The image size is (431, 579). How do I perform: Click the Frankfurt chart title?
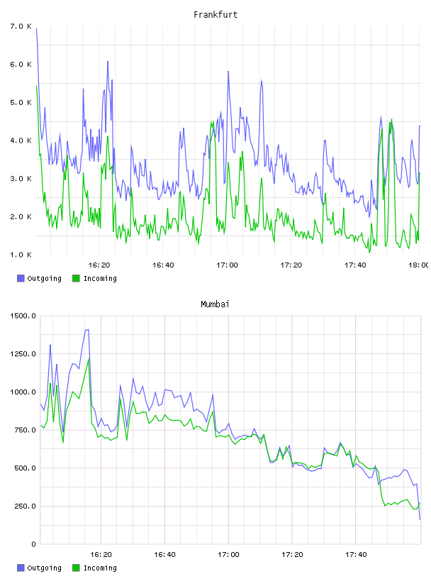click(x=216, y=15)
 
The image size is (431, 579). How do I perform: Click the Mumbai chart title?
click(x=215, y=304)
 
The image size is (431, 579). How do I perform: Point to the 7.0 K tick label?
click(x=21, y=26)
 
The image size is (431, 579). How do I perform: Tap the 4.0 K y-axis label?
click(x=21, y=140)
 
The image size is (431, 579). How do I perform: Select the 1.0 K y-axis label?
click(x=21, y=255)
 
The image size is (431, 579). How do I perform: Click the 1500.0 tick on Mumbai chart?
click(x=23, y=316)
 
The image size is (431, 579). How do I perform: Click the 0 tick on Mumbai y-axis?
click(x=33, y=544)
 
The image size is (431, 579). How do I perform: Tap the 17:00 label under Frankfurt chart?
click(x=227, y=265)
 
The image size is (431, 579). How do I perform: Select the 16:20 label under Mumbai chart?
click(x=101, y=555)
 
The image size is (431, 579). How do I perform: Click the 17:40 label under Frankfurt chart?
click(x=355, y=265)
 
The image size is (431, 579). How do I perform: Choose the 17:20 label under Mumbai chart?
click(x=292, y=555)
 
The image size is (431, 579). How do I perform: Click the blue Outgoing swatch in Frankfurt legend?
click(x=21, y=278)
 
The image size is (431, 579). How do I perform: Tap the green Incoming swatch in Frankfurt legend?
click(x=76, y=278)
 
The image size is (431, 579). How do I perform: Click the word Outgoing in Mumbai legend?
click(x=44, y=568)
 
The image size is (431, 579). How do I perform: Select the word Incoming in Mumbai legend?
click(x=100, y=568)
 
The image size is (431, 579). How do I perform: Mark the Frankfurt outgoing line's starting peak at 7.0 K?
click(x=37, y=28)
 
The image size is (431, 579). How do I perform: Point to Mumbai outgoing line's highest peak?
click(x=88, y=329)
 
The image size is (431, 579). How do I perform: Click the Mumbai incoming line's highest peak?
click(x=89, y=359)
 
